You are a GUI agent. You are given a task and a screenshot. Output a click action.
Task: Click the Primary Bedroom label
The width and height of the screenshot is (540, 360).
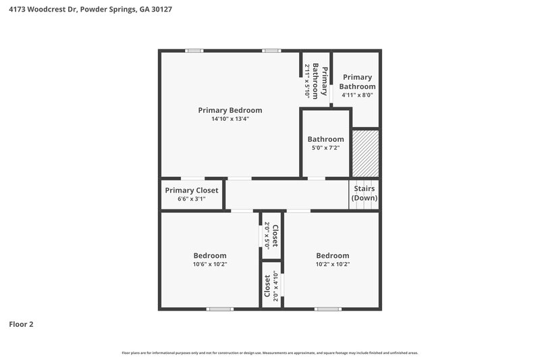coord(230,110)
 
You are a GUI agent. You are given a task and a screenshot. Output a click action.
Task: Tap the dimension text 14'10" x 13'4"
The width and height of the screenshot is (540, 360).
coord(230,120)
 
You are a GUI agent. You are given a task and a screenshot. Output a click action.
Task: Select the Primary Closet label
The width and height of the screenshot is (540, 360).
coord(192,190)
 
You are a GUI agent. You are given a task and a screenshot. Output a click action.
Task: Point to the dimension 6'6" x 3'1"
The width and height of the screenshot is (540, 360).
coord(192,199)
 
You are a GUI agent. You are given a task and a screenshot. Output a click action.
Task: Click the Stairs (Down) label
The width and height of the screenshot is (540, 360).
coord(364,194)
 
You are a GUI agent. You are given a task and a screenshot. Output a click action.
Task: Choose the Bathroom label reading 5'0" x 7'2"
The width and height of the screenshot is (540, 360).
coord(325,139)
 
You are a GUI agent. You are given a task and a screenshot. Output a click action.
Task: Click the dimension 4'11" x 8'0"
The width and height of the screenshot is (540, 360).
coord(357,95)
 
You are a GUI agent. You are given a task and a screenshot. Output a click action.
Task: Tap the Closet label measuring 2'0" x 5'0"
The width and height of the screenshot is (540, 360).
coord(271,236)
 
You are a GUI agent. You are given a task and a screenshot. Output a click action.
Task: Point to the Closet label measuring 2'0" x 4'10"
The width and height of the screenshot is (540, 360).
coord(271,286)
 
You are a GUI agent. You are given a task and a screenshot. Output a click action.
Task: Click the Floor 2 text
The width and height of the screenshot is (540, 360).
coord(21,324)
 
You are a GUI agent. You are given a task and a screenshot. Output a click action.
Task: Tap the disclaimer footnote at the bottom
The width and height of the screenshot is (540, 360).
coord(269,353)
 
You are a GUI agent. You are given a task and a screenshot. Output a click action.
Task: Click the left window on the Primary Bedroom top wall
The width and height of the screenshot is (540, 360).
coord(194,51)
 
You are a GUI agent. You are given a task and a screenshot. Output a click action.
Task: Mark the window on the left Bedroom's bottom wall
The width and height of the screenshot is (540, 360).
coord(220,309)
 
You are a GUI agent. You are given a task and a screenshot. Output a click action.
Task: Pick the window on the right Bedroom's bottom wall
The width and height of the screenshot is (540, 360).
coord(327,309)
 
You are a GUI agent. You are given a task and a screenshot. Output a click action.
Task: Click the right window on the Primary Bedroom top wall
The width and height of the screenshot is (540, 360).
coord(271,51)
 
